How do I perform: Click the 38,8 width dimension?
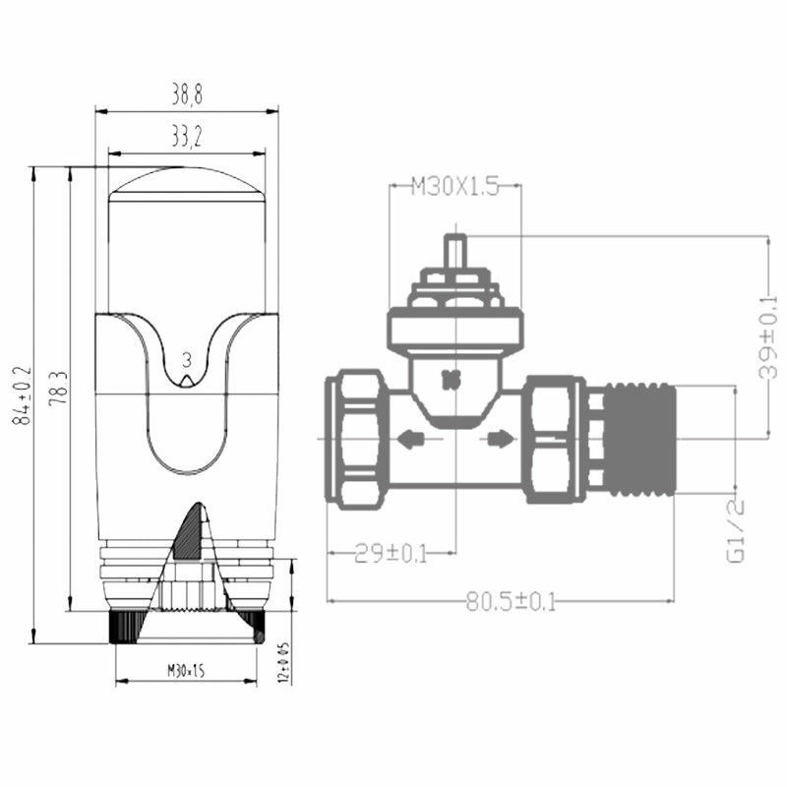click(x=187, y=95)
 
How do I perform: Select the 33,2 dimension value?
click(x=187, y=139)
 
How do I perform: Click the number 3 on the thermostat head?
click(x=187, y=360)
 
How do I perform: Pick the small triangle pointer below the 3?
click(x=187, y=380)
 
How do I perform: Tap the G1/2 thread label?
click(x=736, y=530)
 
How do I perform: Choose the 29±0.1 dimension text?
click(x=391, y=554)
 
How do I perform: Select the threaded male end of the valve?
click(x=639, y=439)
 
